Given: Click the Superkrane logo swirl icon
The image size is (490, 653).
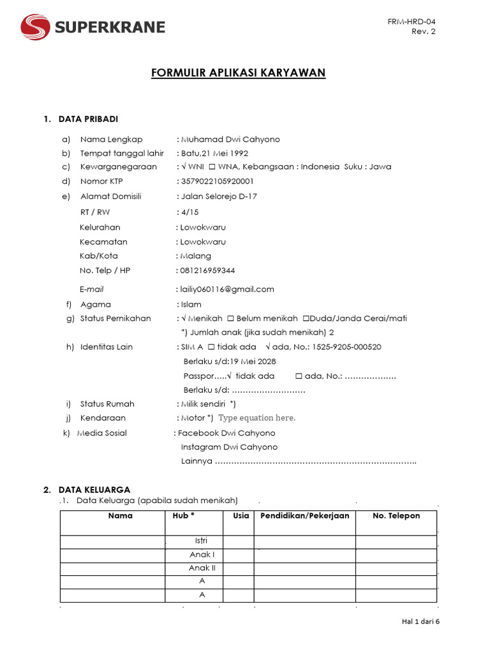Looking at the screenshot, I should (x=36, y=27).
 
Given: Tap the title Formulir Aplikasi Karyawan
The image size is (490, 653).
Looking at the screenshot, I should (x=239, y=73).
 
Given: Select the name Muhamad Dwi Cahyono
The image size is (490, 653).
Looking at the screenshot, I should (x=230, y=140).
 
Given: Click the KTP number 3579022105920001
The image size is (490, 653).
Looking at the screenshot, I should (x=218, y=181).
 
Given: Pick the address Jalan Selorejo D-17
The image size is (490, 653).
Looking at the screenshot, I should (x=219, y=196).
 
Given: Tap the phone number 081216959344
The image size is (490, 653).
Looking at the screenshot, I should (x=208, y=270).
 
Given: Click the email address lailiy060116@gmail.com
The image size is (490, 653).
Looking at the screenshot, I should (x=227, y=289).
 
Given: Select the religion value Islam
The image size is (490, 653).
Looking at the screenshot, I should (x=191, y=305).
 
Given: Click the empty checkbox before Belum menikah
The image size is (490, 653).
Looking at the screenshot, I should (x=230, y=318).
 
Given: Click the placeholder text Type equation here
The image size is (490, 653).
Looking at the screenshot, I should (x=256, y=418).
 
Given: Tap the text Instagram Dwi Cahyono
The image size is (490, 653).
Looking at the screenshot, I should (x=229, y=447).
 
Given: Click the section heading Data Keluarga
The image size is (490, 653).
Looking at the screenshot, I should (x=94, y=490).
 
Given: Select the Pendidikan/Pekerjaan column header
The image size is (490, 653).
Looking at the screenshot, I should (x=305, y=515).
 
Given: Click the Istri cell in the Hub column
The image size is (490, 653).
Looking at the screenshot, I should (x=202, y=541).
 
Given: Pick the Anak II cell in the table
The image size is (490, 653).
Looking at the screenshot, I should (x=202, y=568).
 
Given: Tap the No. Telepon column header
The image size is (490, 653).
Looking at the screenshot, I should (x=396, y=515).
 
